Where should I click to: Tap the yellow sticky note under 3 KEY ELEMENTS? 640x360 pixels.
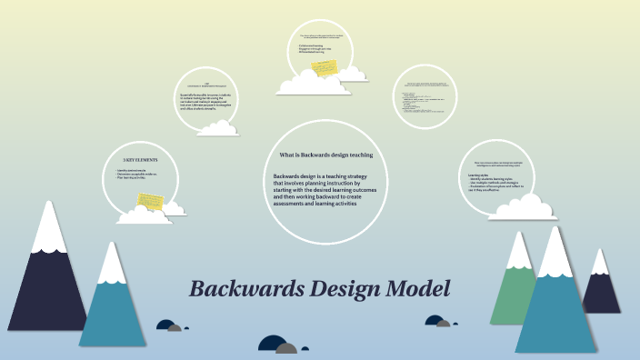click(149, 197)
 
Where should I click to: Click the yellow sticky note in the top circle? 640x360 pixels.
click(325, 67)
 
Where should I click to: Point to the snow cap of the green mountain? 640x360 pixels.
click(519, 249)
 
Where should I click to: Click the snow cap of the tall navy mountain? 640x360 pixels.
click(47, 227)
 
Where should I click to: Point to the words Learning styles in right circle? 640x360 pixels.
click(478, 175)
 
